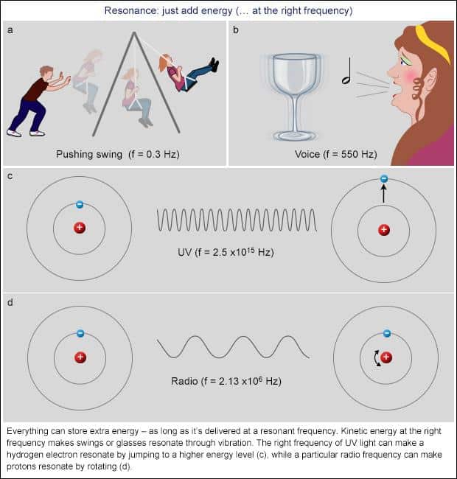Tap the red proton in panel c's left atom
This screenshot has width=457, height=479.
coord(80,228)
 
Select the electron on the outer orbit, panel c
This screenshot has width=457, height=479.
coord(383,179)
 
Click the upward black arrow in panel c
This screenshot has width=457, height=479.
coord(383,195)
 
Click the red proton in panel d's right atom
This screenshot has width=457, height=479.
coord(386,357)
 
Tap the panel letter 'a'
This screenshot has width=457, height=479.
coord(9,29)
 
